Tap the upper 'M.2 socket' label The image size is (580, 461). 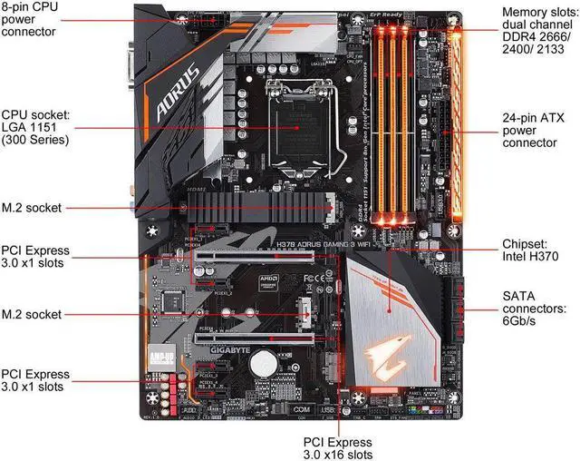pyautogui.click(x=32, y=208)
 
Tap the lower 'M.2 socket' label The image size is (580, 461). pyautogui.click(x=32, y=314)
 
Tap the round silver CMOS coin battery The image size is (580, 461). pyautogui.click(x=265, y=364)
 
